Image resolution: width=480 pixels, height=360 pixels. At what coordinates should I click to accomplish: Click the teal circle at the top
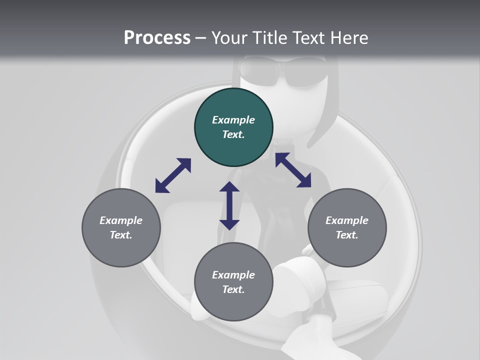click(233, 127)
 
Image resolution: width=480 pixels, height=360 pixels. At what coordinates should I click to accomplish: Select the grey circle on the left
click(121, 228)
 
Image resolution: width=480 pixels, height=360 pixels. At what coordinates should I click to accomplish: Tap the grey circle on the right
click(347, 228)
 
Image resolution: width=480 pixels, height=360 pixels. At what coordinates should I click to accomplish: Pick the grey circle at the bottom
click(233, 282)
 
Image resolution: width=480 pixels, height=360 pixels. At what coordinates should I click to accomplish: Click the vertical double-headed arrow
click(229, 206)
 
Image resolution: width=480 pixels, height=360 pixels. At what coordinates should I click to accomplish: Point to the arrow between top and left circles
click(173, 175)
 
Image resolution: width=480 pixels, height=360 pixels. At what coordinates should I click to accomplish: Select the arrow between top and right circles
click(293, 170)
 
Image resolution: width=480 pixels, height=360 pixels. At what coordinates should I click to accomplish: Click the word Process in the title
click(157, 38)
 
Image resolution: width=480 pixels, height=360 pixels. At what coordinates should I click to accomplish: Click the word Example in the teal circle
click(233, 120)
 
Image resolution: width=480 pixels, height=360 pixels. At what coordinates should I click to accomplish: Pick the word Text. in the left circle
click(121, 235)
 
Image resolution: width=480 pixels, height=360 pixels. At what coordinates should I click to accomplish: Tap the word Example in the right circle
click(347, 220)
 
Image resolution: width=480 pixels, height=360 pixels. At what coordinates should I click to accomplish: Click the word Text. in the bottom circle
click(233, 289)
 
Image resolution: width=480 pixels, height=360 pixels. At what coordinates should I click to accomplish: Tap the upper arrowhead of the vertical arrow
click(229, 188)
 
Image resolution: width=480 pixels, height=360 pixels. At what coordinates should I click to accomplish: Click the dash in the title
click(201, 38)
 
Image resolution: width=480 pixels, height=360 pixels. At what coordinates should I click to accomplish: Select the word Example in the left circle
click(121, 220)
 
